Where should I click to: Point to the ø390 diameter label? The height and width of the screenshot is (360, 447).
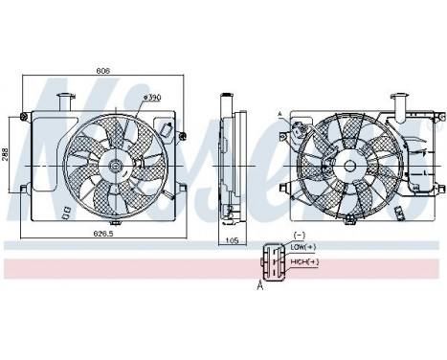tap(150, 98)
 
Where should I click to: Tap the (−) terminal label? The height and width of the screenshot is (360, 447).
tap(298, 236)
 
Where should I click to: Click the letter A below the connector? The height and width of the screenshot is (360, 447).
tap(259, 283)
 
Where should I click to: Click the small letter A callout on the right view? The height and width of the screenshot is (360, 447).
tap(279, 114)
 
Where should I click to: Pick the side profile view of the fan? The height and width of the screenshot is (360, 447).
tap(228, 158)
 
